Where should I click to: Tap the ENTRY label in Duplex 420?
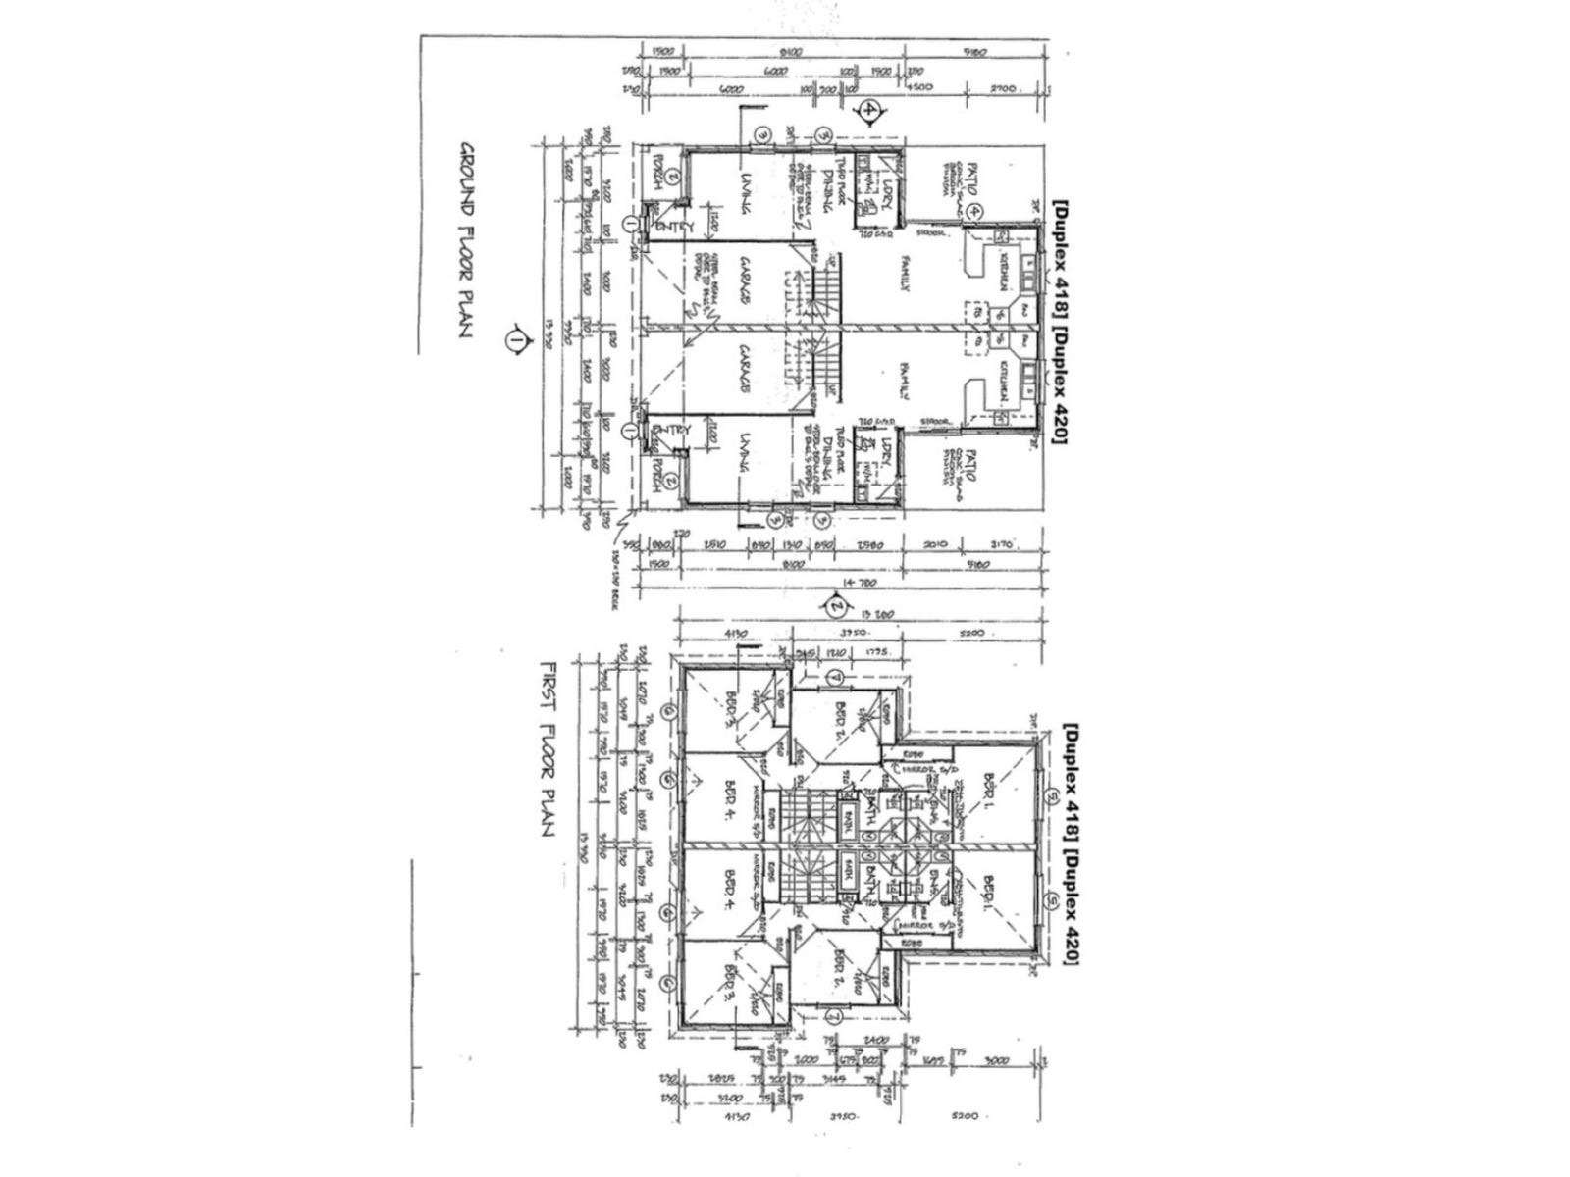(677, 431)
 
